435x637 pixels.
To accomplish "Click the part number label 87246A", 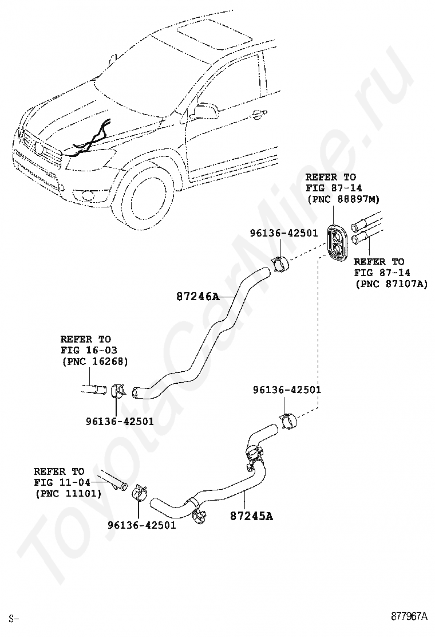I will tap(197, 297).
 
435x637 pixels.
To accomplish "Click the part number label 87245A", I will tap(251, 516).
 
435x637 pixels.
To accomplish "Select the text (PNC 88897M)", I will tap(343, 199).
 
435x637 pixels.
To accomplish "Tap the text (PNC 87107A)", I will tap(391, 283).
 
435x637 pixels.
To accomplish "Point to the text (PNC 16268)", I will tap(94, 361).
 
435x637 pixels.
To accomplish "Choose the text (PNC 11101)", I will tap(68, 493).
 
